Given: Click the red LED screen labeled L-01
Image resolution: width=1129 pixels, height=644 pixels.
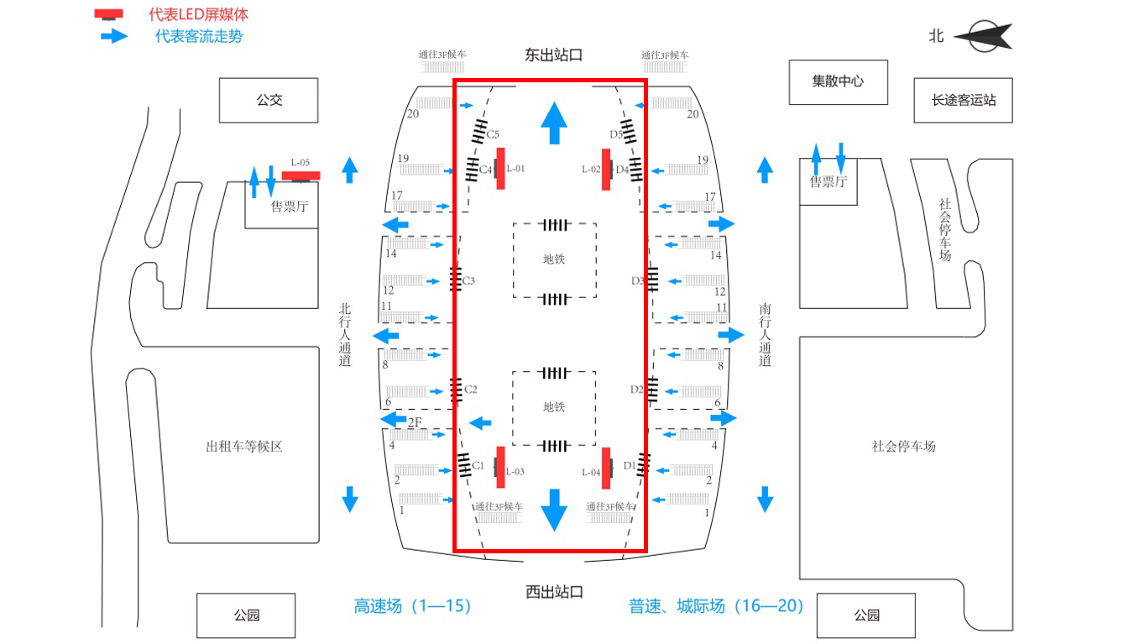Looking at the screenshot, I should (x=500, y=168).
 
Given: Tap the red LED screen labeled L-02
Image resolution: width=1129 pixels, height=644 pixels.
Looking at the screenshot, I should (x=606, y=169).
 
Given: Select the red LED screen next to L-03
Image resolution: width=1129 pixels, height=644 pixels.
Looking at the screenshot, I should (x=500, y=467).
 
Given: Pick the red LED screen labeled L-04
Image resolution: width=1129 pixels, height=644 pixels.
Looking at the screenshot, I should (x=606, y=469).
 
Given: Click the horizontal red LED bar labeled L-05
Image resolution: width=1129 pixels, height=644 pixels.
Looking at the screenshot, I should (x=301, y=175).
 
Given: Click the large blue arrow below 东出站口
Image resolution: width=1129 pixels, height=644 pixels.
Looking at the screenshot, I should (x=553, y=123).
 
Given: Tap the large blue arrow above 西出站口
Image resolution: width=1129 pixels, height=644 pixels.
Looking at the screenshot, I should (x=553, y=509).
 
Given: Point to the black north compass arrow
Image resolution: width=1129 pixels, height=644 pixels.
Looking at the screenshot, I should (x=983, y=36).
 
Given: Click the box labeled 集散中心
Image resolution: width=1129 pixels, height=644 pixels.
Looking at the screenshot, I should (x=838, y=81).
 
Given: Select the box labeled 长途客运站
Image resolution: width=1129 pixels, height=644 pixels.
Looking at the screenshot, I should (x=963, y=100).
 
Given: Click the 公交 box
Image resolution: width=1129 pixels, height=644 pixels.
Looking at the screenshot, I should (x=269, y=100).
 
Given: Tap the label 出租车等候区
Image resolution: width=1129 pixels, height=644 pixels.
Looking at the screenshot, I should (x=244, y=446).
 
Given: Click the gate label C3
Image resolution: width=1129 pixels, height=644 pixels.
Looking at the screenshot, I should (x=468, y=280).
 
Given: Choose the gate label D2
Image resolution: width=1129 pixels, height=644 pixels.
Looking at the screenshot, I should (x=636, y=389).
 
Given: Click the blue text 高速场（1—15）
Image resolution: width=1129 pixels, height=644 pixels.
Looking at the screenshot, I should (x=413, y=605).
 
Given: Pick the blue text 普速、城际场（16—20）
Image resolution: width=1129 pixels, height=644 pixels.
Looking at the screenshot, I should (x=716, y=605).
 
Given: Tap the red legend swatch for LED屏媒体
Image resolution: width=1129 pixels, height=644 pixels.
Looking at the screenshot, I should (x=108, y=14).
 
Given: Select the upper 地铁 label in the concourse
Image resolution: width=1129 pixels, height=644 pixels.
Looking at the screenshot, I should (x=554, y=259).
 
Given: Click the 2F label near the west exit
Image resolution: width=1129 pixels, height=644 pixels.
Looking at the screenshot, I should (x=414, y=422).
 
